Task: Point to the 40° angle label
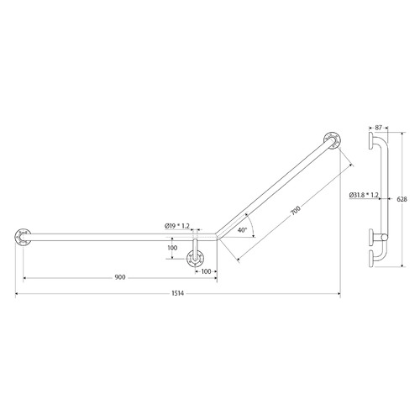coord(242,229)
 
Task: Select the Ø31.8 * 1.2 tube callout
coord(364,195)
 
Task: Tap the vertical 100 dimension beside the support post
coord(171,248)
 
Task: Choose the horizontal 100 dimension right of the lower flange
coord(206,272)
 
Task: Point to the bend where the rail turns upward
coord(217,236)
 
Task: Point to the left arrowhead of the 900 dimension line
coord(25,276)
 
